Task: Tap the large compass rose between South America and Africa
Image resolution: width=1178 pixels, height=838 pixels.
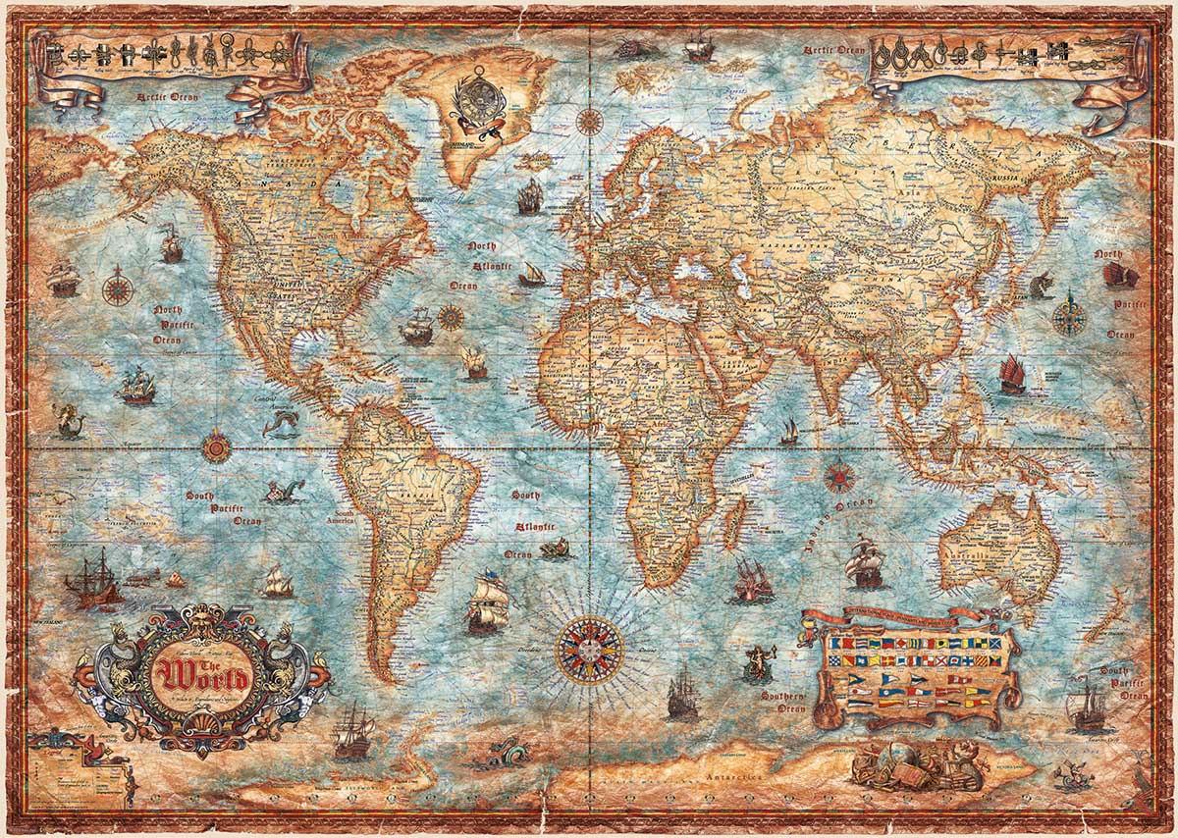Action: pos(589,650)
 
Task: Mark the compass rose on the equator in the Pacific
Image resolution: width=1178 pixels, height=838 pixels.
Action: pos(217,448)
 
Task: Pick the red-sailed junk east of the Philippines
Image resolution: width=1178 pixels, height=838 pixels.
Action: pos(1011,375)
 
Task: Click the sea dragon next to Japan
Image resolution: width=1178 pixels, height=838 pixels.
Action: pos(1041,286)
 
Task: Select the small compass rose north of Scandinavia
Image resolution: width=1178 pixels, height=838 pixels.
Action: pos(589,123)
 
